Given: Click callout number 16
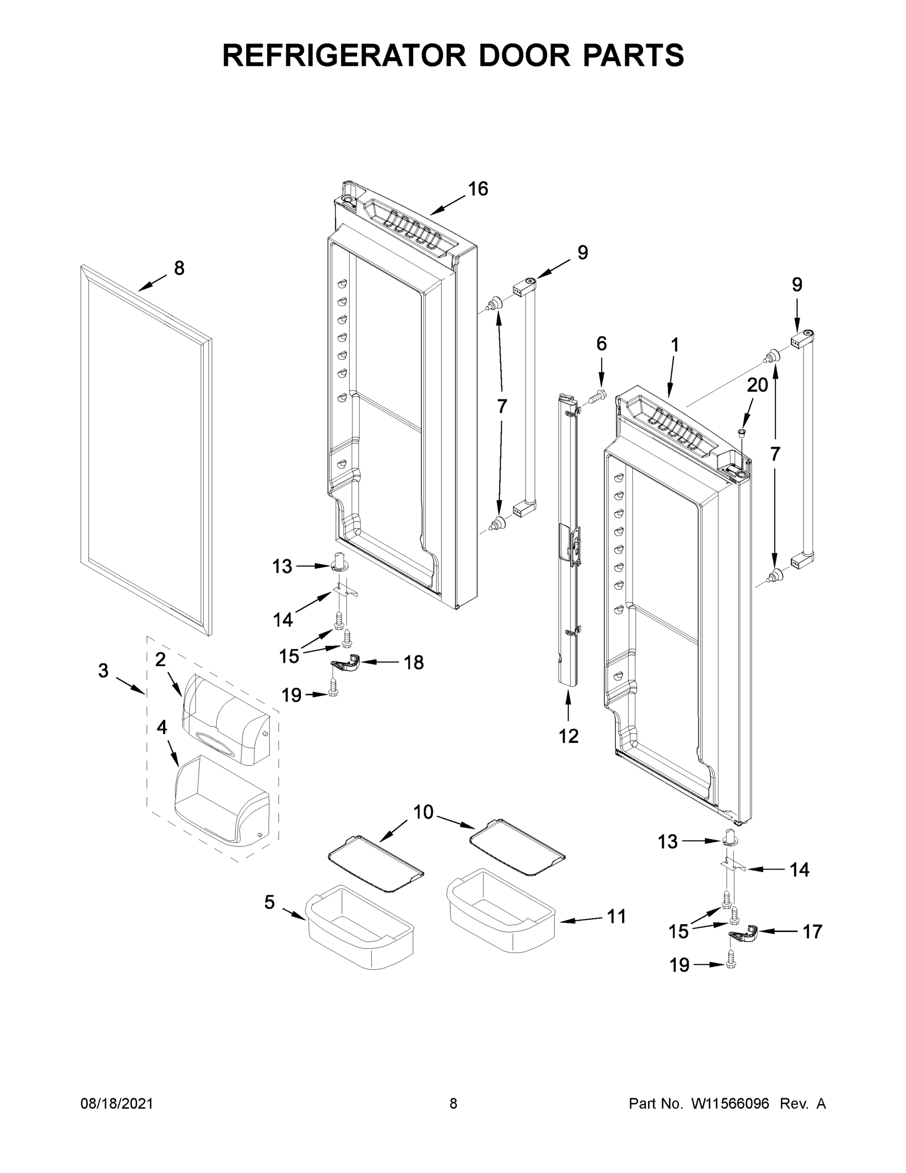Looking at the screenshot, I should pos(478,189).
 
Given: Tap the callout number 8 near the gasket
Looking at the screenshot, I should pos(179,268).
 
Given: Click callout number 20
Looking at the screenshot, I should pos(758,385).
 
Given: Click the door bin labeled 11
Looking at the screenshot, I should pos(500,911).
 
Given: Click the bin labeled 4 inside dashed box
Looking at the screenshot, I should pos(220,800).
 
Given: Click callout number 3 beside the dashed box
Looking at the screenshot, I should pos(104,671).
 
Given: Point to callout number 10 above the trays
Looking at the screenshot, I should pos(423,812).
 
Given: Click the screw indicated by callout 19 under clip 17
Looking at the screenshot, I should pos(731,964).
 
